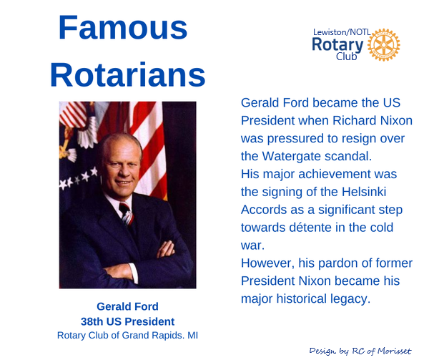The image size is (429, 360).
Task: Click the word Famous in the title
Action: click(123, 28)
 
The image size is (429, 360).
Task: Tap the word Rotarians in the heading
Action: click(127, 74)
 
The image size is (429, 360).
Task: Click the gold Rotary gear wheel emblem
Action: click(383, 45)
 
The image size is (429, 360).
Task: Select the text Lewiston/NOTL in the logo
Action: click(342, 32)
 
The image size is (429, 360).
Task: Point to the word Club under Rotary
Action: click(346, 57)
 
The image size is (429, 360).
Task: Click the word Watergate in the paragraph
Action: click(292, 156)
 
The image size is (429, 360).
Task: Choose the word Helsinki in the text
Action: click(364, 192)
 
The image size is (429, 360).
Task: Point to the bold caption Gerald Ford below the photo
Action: click(127, 306)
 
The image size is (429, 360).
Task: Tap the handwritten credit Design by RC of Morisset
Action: click(360, 351)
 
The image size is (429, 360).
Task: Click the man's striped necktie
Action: click(127, 214)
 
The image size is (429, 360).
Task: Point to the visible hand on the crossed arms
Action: click(166, 249)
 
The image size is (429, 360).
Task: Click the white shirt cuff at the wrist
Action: click(134, 273)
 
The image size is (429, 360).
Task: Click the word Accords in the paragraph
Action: click(263, 210)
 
